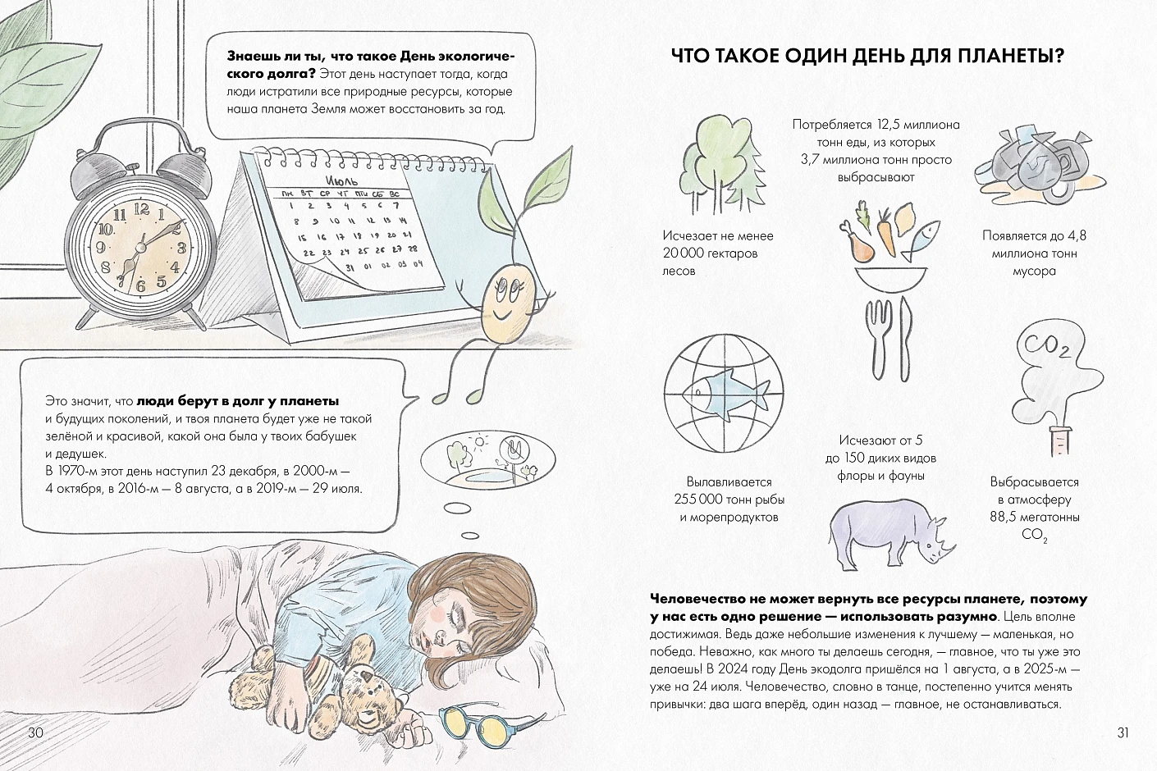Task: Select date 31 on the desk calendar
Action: click(350, 267)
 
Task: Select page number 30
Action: click(35, 732)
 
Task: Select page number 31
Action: click(1123, 732)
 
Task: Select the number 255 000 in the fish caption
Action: click(697, 500)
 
